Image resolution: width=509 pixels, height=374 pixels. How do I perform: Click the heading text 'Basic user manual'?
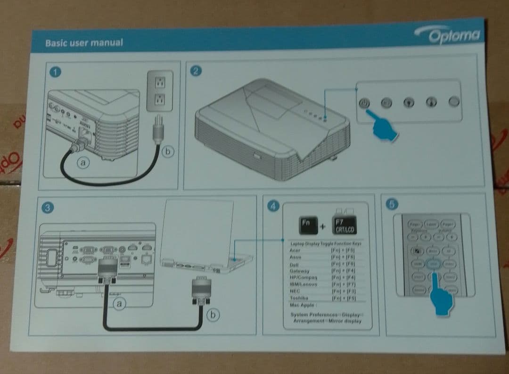[x=84, y=43]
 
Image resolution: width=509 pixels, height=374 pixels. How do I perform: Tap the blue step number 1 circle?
[x=56, y=72]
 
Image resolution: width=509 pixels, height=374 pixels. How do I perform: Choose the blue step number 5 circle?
[x=392, y=204]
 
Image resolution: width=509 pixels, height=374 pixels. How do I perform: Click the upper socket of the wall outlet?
[x=159, y=82]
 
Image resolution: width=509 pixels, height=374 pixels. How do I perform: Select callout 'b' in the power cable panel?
[x=168, y=151]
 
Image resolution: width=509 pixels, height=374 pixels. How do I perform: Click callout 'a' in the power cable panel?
[x=83, y=163]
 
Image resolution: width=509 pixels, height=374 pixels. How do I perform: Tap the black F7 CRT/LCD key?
[x=344, y=225]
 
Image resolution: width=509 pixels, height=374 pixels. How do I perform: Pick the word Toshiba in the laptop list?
[x=299, y=298]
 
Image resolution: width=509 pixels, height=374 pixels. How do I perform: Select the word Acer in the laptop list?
[x=295, y=250]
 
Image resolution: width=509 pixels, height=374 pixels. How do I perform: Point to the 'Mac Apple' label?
[x=302, y=305]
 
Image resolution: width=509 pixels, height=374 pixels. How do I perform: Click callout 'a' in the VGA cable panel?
[x=120, y=304]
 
